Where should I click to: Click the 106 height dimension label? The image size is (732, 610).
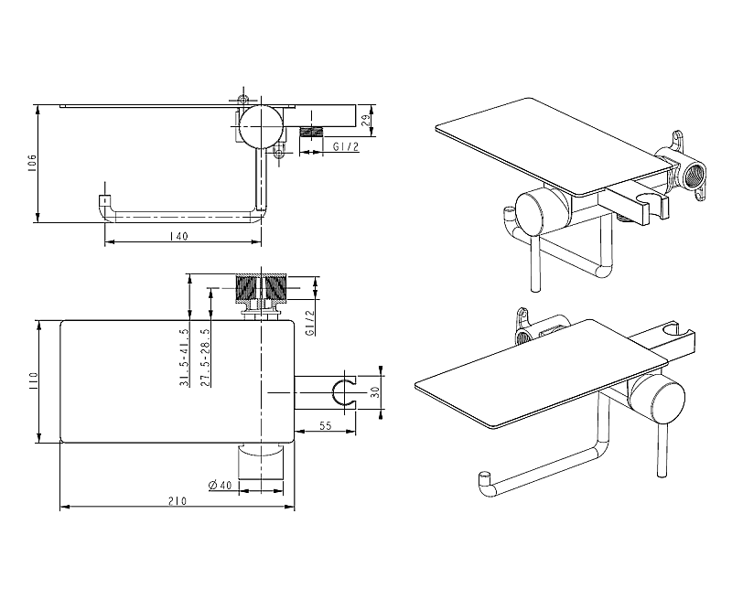click(x=32, y=164)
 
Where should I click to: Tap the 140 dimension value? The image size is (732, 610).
click(x=178, y=236)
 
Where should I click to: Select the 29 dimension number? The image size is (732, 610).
click(x=367, y=120)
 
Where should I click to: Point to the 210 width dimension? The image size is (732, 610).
click(x=178, y=501)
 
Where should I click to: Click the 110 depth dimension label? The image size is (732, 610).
click(x=32, y=380)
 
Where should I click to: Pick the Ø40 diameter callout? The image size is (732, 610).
click(x=221, y=485)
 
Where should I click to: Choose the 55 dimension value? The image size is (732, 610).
click(x=326, y=425)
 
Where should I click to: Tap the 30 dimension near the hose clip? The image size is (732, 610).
click(x=375, y=392)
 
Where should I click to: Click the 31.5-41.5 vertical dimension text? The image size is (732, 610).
click(x=184, y=358)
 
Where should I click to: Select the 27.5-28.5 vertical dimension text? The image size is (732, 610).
click(x=205, y=358)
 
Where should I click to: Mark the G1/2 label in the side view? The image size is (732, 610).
click(x=346, y=146)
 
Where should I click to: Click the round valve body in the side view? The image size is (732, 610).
click(x=261, y=125)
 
